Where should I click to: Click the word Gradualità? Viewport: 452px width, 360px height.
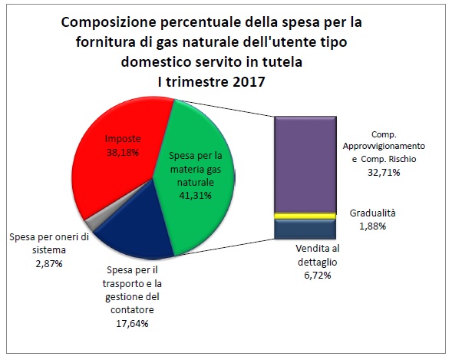[x=376, y=213]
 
